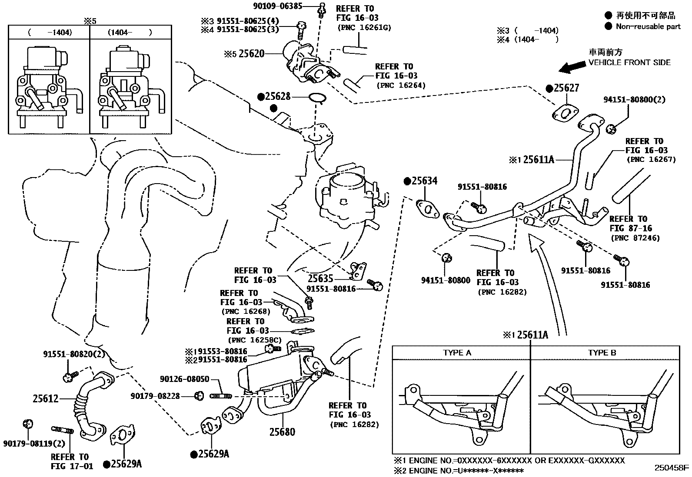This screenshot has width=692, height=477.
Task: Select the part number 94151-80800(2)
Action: coord(634,100)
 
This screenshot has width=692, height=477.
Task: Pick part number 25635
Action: coord(320,278)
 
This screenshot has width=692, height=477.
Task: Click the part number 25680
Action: coord(282,431)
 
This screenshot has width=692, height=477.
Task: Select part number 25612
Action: coord(45,398)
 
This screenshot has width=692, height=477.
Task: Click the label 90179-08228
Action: coord(155,396)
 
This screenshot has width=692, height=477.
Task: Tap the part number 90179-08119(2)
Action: coord(34,444)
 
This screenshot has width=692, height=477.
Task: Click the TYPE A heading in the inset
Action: coord(457,353)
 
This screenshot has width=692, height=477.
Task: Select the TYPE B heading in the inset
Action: coord(602,353)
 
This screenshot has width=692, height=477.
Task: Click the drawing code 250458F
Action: coord(672,468)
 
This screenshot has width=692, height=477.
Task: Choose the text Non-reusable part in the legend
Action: coord(648,26)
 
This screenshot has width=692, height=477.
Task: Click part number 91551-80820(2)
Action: coord(74,354)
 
